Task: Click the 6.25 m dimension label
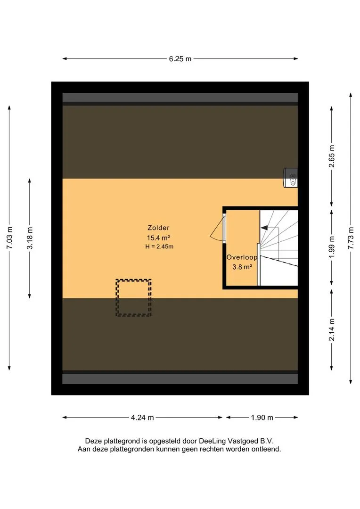coord(180,59)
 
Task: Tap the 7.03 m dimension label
coord(9,238)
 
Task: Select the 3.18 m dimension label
coord(30,238)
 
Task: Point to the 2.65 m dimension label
coord(331,156)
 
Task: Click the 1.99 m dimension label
coord(331,247)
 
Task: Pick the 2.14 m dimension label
coord(331,330)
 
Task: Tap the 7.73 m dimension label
coord(351,238)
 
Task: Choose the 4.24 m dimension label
coord(142,418)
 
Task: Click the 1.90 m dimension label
coord(262,418)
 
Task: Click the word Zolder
coord(158,228)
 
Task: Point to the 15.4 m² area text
coord(159,238)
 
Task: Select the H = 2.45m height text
coord(159,246)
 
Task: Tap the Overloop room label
coord(242,257)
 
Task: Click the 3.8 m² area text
coord(242,267)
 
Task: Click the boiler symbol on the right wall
coord(291,178)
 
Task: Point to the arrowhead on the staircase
coord(264,228)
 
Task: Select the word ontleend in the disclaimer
coord(268,449)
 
